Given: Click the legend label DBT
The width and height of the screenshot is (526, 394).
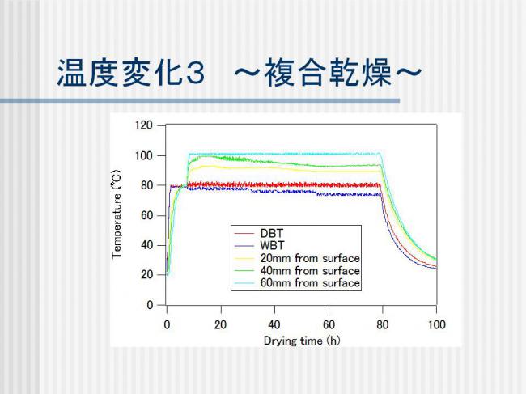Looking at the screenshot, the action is point(272,233).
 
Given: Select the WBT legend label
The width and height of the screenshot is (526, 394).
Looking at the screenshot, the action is point(272,245).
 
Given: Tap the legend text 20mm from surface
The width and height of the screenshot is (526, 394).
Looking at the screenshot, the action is point(310,258).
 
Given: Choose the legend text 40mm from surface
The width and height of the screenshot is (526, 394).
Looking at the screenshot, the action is point(310,270).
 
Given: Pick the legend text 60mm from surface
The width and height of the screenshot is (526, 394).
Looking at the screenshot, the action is point(310,283).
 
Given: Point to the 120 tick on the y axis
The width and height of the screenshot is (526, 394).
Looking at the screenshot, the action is point(144,125).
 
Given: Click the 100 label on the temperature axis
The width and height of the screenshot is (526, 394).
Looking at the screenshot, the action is point(144,155).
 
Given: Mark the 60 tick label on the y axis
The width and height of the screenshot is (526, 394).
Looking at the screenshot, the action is point(147,215).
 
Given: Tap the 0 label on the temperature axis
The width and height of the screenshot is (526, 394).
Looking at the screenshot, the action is point(150,305).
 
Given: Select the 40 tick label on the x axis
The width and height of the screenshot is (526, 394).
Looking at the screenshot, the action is point(274,324).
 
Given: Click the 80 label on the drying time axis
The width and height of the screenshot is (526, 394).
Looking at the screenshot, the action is point(383,324).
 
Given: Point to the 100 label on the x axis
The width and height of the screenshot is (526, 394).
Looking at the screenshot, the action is point(436,324).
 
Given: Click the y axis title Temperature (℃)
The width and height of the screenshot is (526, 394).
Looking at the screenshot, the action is point(117,214).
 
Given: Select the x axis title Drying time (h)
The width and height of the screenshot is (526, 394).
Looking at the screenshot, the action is point(302,341).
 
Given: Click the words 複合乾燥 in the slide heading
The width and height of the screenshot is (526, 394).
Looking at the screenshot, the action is point(328,73).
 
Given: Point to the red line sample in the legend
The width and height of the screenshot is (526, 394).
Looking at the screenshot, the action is point(244,233).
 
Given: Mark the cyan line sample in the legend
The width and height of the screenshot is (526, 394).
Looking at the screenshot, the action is point(244,283).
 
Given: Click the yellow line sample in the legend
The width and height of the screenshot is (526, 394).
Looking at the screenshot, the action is point(244,259).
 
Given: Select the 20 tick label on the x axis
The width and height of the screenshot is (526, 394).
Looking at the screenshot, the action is point(220,324).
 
